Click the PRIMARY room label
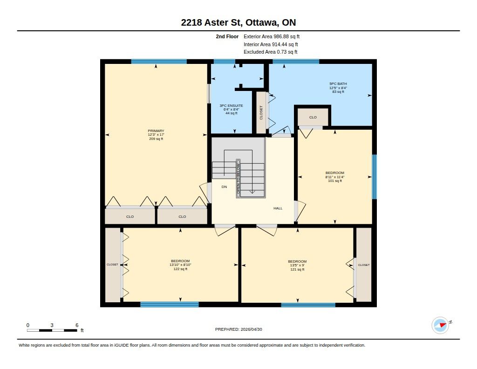click(156, 135)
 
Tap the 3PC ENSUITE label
click(231, 109)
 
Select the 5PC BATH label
click(338, 88)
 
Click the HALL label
click(278, 209)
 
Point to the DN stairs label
click(224, 187)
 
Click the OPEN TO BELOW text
click(238, 179)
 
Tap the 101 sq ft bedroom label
click(334, 177)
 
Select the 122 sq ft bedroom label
click(180, 265)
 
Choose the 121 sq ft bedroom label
click(297, 265)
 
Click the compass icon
click(440, 326)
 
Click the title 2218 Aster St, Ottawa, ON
click(238, 22)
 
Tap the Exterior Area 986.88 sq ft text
click(272, 36)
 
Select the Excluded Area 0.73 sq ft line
click(271, 52)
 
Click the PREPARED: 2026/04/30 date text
click(238, 329)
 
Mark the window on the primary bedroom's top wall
click(159, 62)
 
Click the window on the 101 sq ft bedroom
click(375, 177)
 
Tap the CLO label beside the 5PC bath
click(313, 117)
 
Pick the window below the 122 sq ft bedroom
click(170, 305)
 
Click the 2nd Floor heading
click(227, 36)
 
